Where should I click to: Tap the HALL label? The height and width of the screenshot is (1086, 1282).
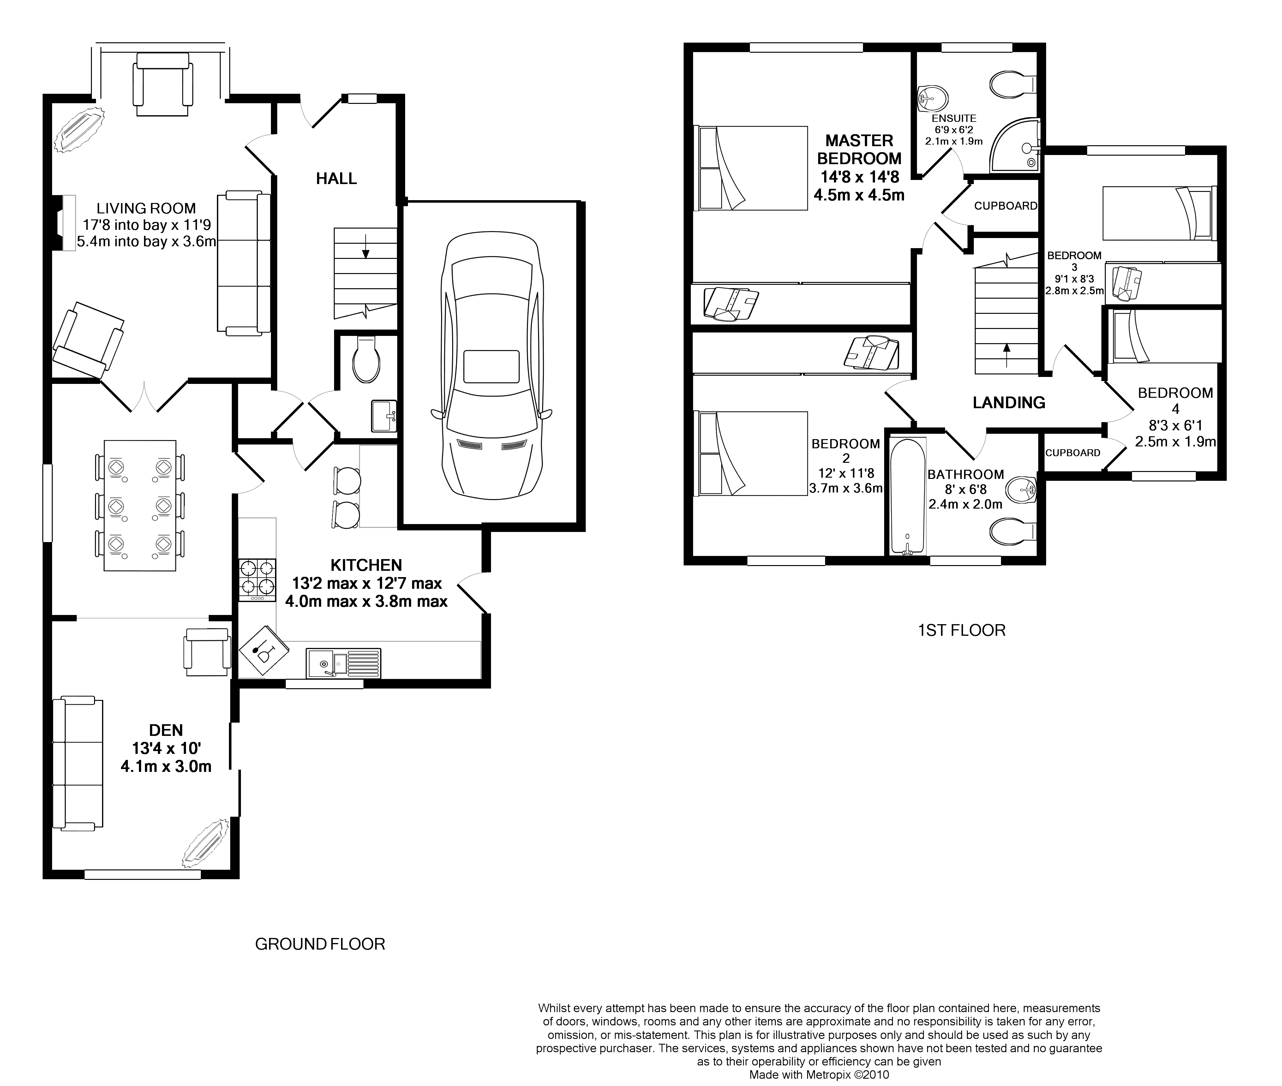[x=336, y=179]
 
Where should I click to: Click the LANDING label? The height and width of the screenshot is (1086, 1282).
[x=1009, y=403]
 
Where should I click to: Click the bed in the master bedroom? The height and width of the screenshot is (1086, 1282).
[x=751, y=168]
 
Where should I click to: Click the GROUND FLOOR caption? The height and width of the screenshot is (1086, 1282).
[x=320, y=944]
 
